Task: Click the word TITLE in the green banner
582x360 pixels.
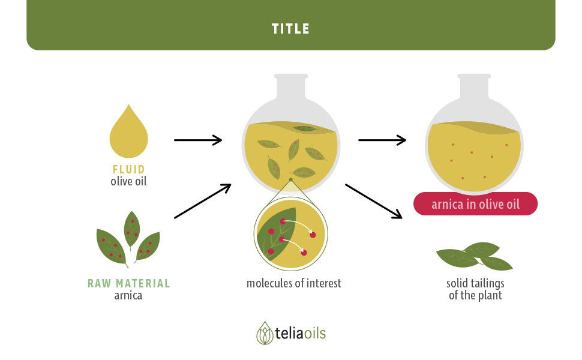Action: click(290, 29)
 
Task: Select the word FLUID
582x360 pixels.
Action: click(128, 169)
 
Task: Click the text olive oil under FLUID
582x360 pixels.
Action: click(128, 181)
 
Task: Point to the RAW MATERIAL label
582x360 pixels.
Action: click(128, 284)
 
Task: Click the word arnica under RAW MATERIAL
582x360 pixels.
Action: click(128, 295)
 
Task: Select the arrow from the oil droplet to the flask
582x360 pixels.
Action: click(198, 140)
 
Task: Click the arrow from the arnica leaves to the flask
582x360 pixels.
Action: click(203, 201)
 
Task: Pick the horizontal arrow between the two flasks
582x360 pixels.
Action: click(382, 140)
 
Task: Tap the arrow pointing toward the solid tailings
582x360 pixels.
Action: click(374, 201)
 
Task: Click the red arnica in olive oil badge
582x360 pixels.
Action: click(475, 204)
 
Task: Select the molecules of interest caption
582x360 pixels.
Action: click(293, 284)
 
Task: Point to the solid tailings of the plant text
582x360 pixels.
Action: click(475, 289)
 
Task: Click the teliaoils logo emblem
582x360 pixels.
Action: click(265, 333)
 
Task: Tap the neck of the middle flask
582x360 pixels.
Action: click(291, 86)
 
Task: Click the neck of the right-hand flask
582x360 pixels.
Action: click(475, 86)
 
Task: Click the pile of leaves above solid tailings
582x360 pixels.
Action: click(475, 256)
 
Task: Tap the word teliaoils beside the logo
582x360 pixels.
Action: click(300, 333)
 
